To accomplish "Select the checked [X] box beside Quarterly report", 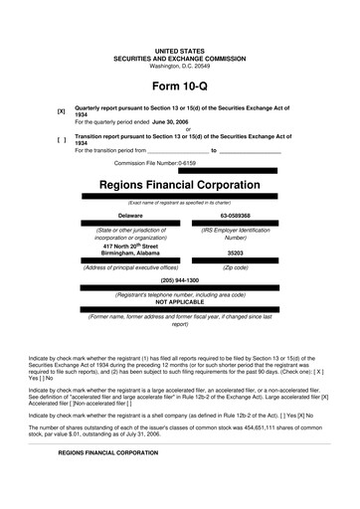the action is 62,112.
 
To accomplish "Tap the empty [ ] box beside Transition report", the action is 62,139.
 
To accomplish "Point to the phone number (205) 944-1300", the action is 179,280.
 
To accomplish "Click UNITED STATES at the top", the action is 179,50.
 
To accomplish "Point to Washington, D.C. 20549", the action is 179,65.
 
